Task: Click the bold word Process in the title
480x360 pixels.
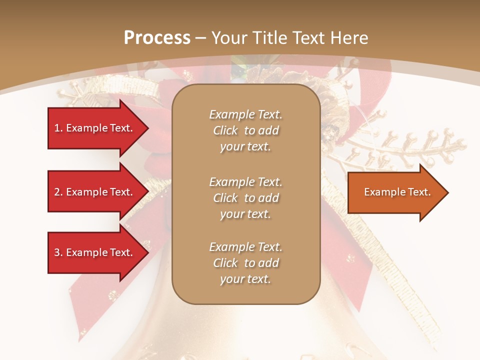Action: click(x=157, y=38)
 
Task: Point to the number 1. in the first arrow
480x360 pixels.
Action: click(x=58, y=128)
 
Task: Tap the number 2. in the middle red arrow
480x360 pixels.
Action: click(x=58, y=192)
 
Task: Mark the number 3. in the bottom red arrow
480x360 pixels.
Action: click(x=58, y=252)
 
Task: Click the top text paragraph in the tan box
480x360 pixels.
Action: click(x=245, y=130)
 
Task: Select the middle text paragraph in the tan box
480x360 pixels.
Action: click(x=245, y=198)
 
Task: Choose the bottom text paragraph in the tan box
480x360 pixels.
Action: click(x=245, y=263)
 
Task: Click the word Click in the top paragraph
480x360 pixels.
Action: click(x=225, y=130)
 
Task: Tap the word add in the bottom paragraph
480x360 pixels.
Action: click(x=268, y=263)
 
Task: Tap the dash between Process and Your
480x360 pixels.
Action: click(x=201, y=38)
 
